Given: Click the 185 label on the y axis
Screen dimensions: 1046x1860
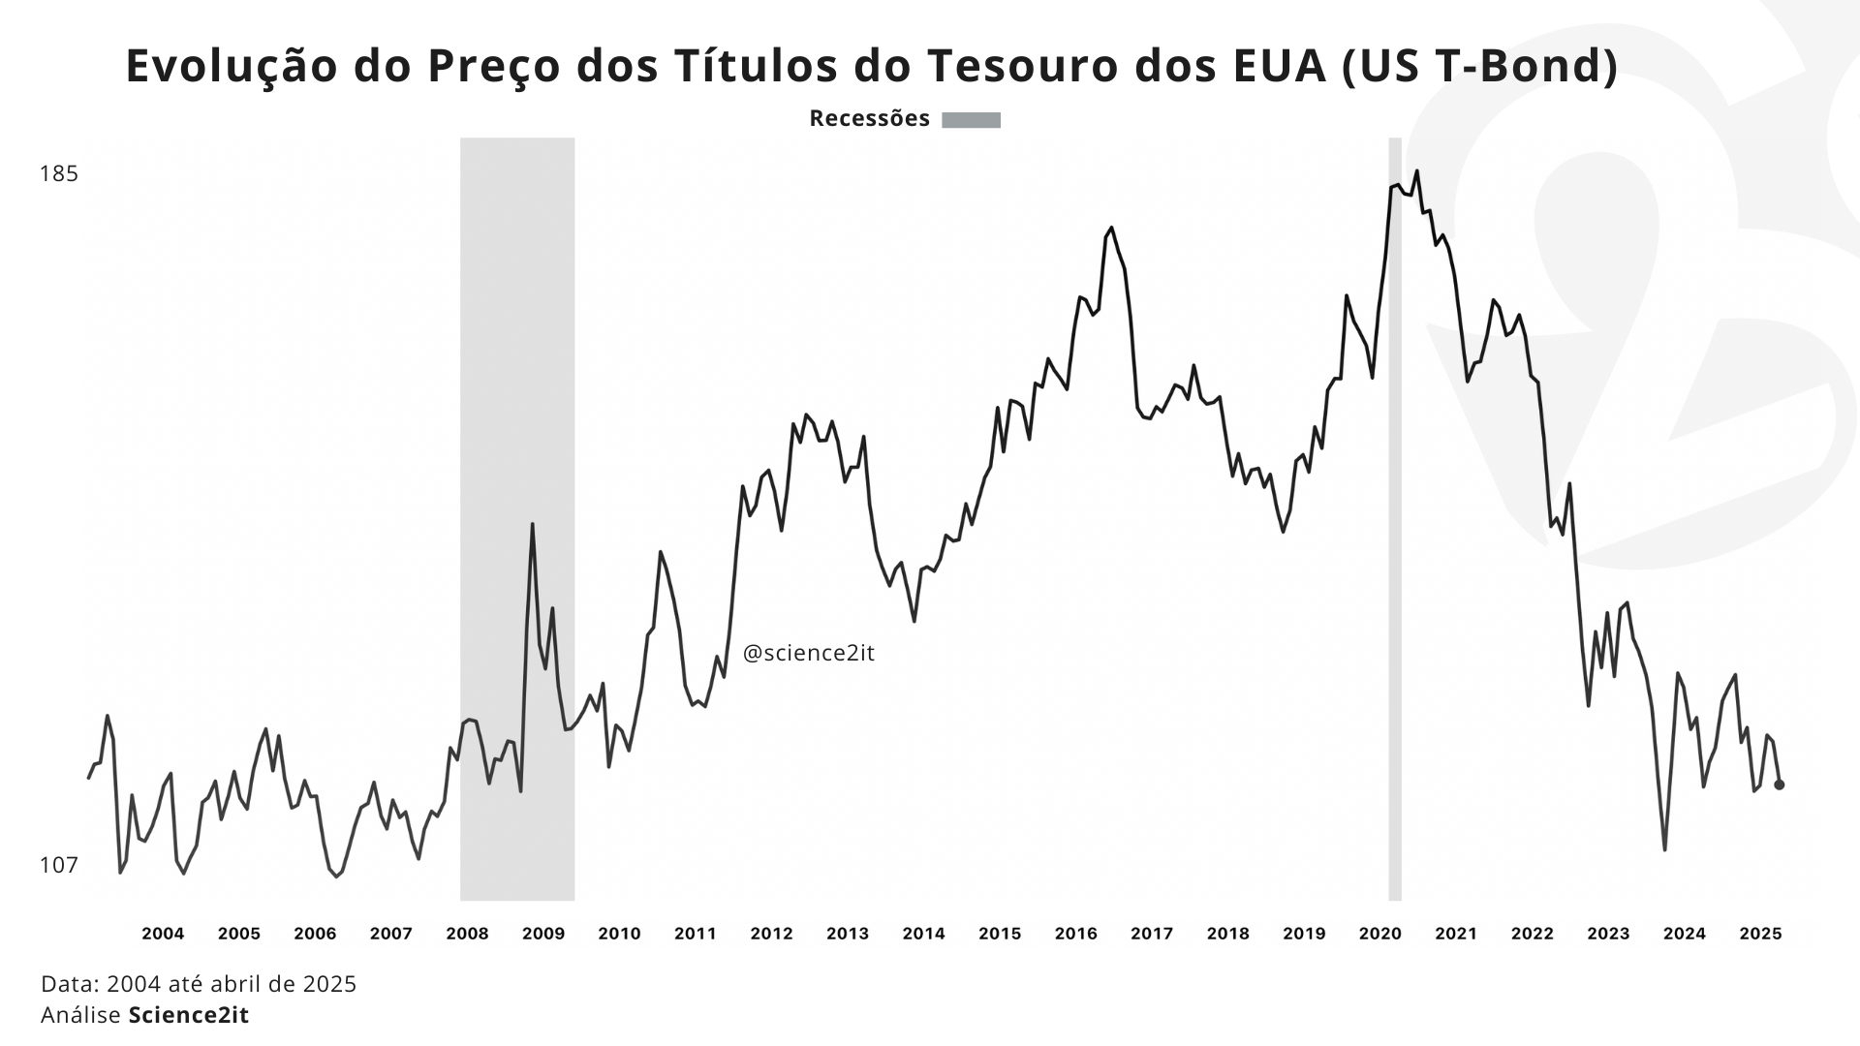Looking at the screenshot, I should click(x=58, y=174).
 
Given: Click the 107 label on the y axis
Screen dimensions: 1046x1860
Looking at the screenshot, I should click(x=58, y=865).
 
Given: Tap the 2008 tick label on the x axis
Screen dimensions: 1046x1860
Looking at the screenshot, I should click(x=467, y=934).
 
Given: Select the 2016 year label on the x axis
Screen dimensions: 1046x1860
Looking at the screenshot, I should click(x=1075, y=934).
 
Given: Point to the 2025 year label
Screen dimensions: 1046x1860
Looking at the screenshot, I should click(x=1760, y=934).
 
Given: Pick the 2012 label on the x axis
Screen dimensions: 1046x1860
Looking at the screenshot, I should click(x=771, y=934).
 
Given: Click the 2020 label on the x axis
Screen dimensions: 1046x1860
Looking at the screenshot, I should click(x=1379, y=934).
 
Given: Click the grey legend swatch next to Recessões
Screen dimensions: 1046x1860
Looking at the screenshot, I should click(x=971, y=120).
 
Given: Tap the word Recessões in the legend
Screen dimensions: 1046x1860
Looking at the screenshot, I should click(x=869, y=119).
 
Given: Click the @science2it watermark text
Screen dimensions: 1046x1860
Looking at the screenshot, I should click(x=808, y=654).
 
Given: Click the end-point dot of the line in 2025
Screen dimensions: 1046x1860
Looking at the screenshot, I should click(x=1779, y=784).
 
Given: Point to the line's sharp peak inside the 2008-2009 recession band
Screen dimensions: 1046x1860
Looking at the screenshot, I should click(x=532, y=525).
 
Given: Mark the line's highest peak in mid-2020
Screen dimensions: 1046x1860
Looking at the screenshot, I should click(x=1416, y=171).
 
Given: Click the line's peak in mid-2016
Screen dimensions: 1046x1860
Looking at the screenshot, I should click(x=1111, y=229).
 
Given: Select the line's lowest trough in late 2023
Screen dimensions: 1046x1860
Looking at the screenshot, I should click(x=1664, y=849).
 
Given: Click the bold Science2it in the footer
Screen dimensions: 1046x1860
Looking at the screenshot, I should click(x=189, y=1015).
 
